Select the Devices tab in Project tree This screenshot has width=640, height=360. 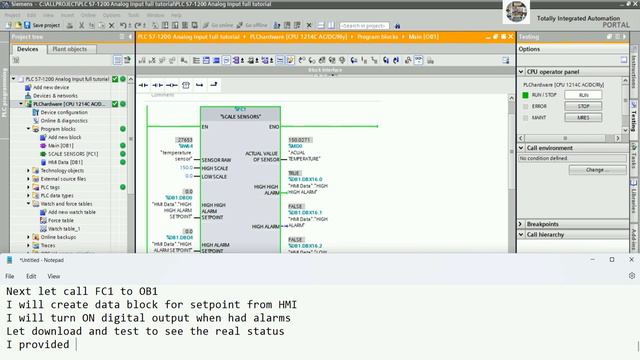[x=28, y=48]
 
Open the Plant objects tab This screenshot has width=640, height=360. [x=69, y=48]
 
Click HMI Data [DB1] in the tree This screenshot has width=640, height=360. [x=66, y=162]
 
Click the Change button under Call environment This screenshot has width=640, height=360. [x=597, y=170]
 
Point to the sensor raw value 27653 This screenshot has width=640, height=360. [x=184, y=140]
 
